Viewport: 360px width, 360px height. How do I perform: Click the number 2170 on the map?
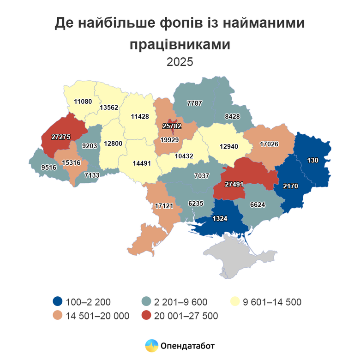point(291,186)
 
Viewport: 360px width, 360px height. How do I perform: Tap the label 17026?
point(270,144)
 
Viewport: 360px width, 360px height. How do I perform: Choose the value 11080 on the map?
point(84,102)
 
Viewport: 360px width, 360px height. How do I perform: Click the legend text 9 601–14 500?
point(272,302)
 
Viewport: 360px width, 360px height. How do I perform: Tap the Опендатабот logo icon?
point(151,345)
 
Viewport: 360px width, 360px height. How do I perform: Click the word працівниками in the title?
point(180,44)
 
